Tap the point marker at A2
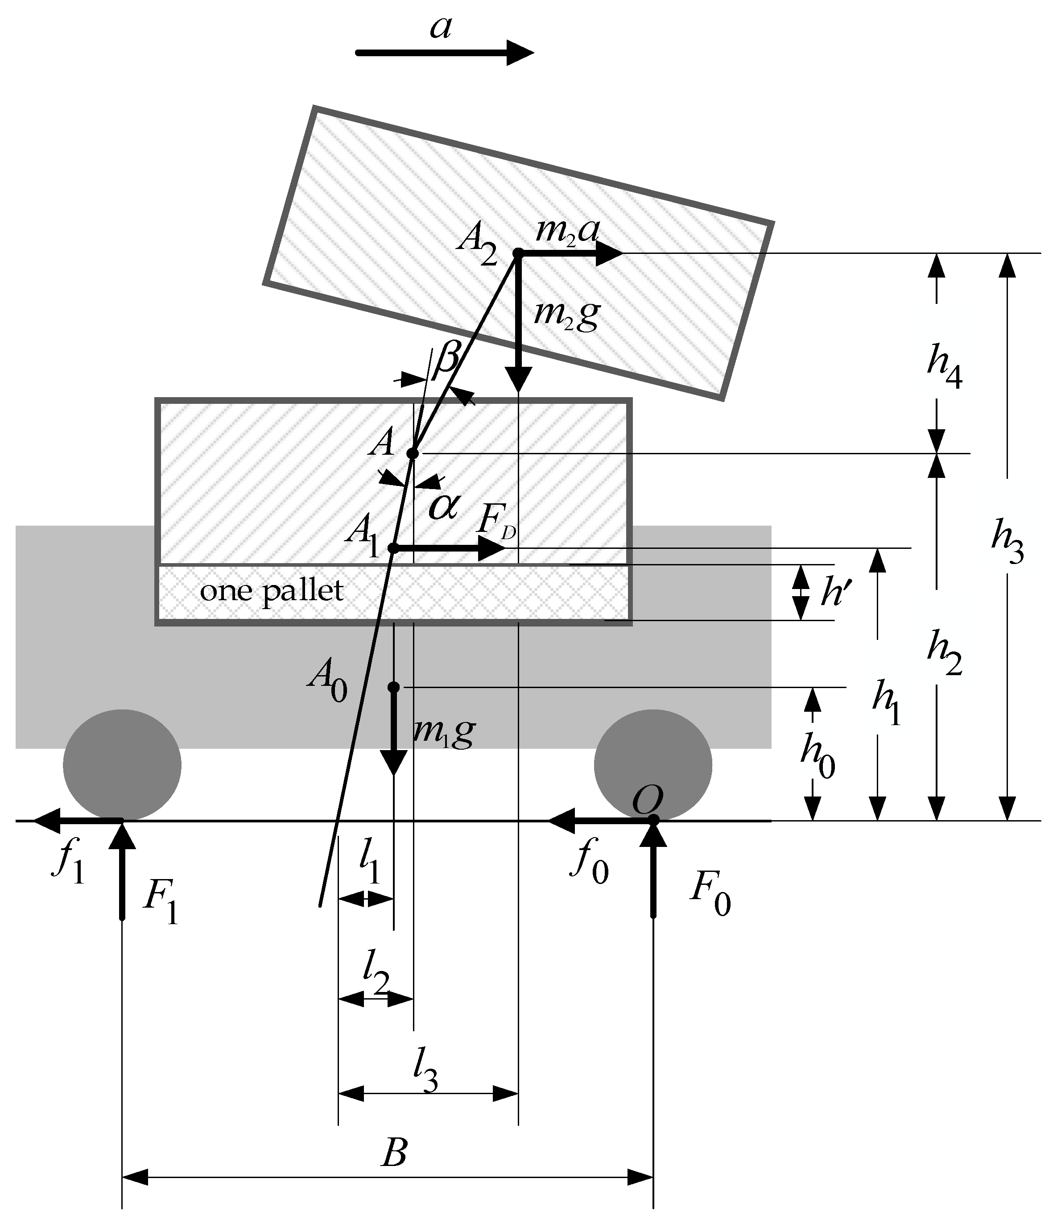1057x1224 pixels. coord(518,253)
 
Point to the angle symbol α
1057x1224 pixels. coord(443,506)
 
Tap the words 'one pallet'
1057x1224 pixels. coord(272,591)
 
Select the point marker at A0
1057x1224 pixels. coord(393,687)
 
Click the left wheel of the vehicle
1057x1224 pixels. coord(122,765)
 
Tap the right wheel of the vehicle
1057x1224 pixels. coord(652,765)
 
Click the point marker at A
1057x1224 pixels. coord(413,453)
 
